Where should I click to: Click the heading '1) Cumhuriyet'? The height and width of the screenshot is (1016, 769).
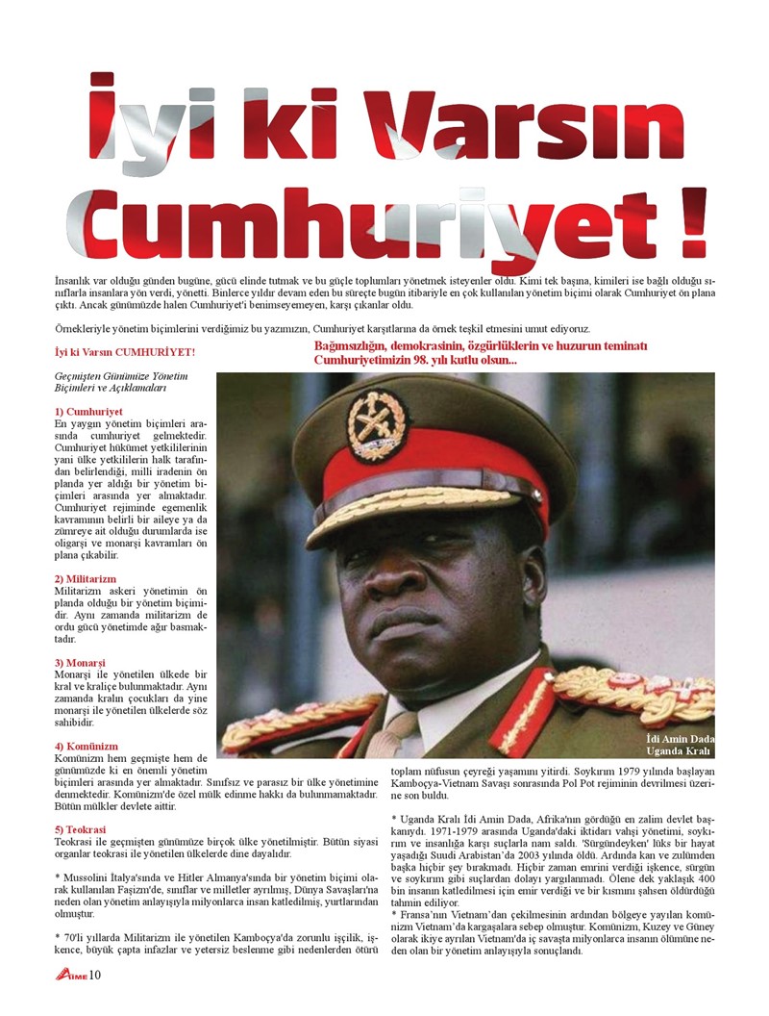pyautogui.click(x=87, y=412)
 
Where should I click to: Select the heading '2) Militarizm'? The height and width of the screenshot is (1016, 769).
pyautogui.click(x=87, y=578)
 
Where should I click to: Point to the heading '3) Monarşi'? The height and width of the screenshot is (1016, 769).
pyautogui.click(x=86, y=663)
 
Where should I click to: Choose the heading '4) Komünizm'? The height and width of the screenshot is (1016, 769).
pyautogui.click(x=87, y=746)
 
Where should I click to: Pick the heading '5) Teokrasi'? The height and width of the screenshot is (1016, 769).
pyautogui.click(x=81, y=829)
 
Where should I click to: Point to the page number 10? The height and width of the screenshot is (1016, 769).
pyautogui.click(x=95, y=978)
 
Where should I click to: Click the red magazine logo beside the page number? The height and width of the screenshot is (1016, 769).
pyautogui.click(x=70, y=978)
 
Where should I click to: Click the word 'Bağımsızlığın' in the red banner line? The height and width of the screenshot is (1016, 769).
pyautogui.click(x=353, y=346)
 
